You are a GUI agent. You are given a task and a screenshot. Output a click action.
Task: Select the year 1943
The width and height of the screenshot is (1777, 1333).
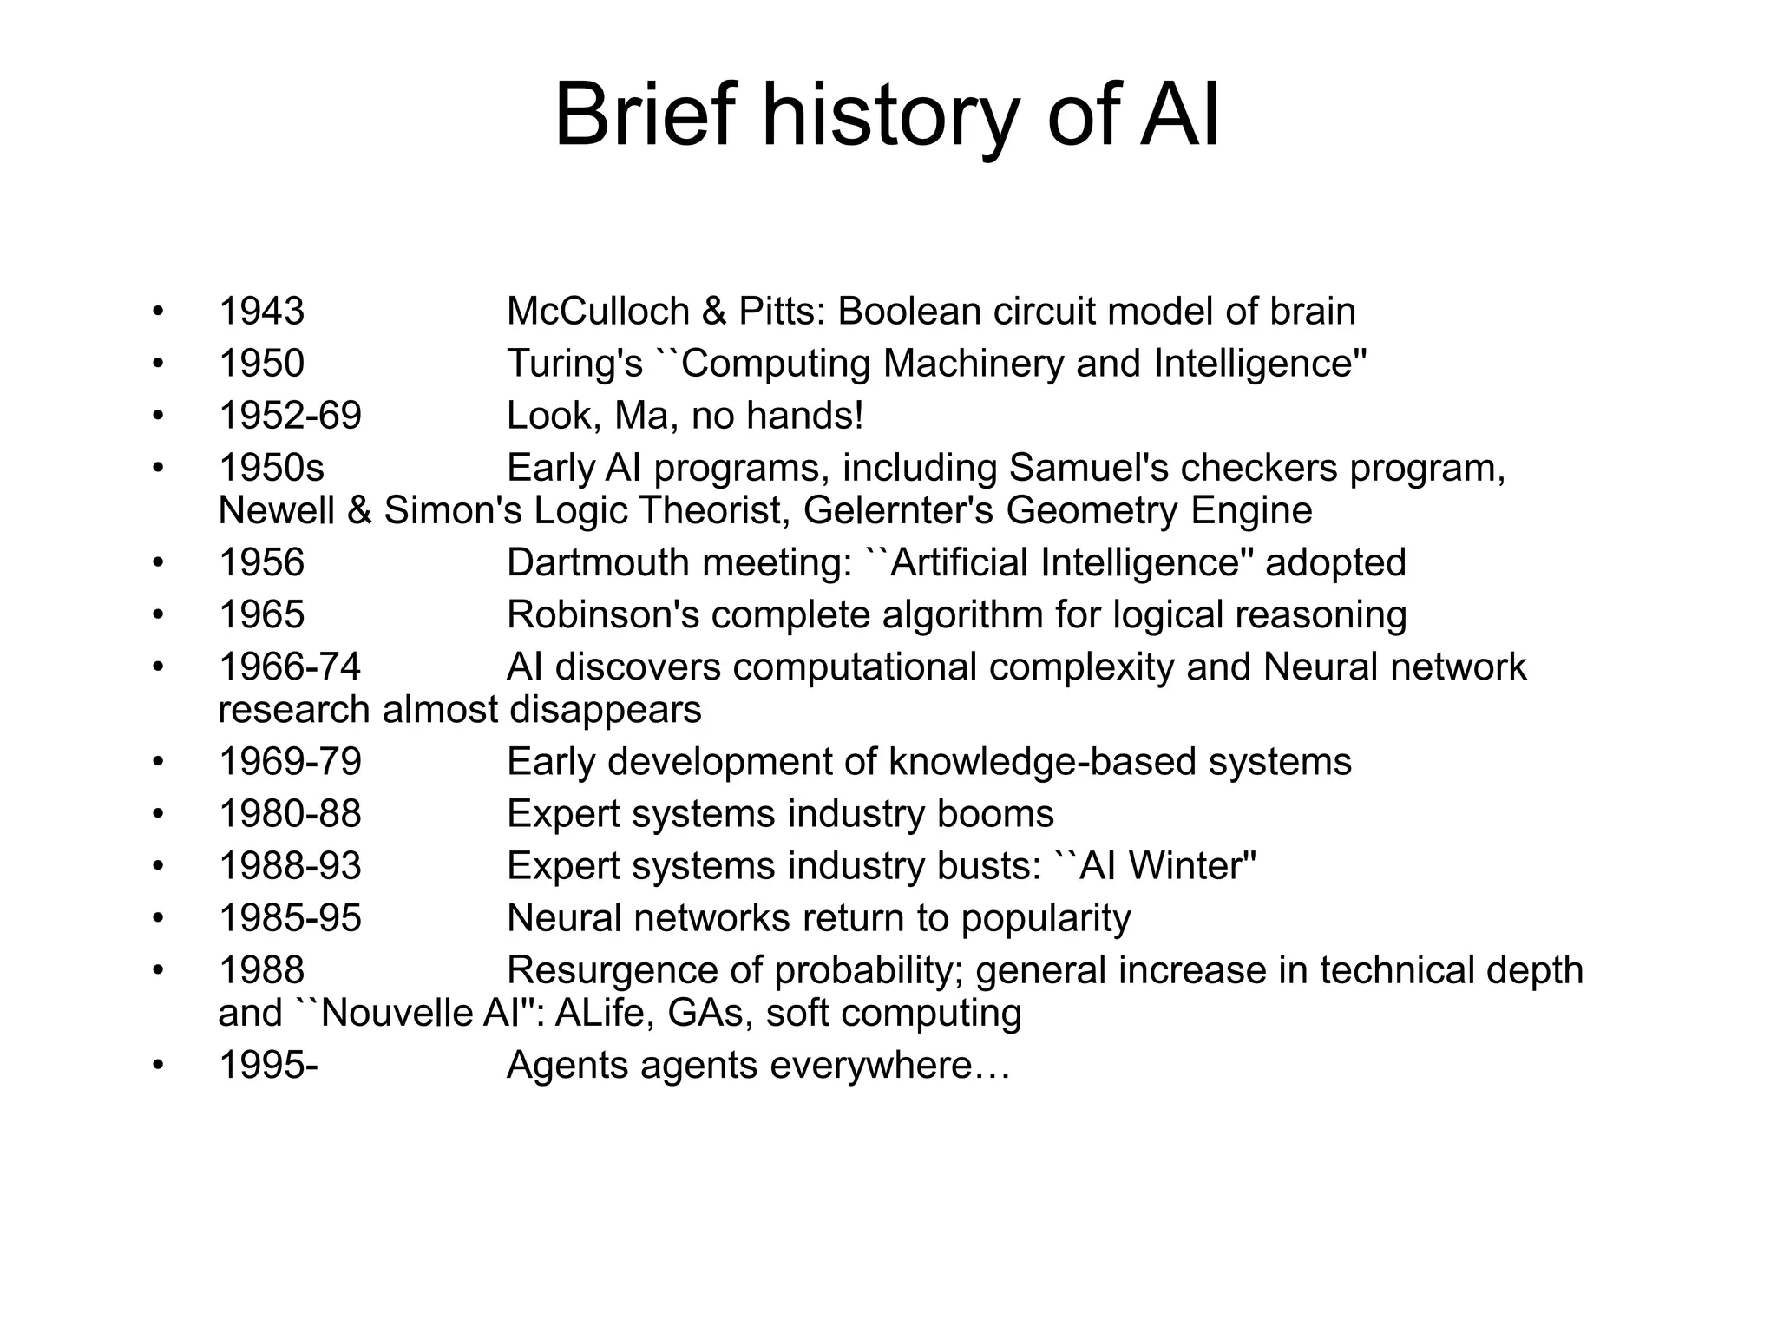261,312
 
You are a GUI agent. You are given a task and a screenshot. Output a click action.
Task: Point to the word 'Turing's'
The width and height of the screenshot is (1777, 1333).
574,364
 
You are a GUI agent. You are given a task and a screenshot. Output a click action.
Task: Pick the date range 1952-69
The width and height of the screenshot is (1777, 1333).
290,416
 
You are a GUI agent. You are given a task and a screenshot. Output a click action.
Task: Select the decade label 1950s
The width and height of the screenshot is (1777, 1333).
271,469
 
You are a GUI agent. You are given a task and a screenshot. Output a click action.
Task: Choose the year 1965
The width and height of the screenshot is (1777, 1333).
261,614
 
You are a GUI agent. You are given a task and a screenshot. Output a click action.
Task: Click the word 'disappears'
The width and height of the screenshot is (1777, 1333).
605,710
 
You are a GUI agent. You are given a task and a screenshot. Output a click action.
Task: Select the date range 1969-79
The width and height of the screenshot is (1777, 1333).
290,762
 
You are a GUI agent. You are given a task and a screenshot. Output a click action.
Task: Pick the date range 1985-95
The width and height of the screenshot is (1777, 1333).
290,918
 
